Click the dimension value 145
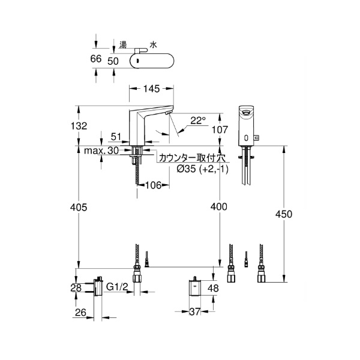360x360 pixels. pyautogui.click(x=151, y=89)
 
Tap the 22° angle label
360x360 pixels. pyautogui.click(x=197, y=120)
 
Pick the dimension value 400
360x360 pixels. pyautogui.click(x=219, y=207)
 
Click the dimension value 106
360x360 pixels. pyautogui.click(x=153, y=185)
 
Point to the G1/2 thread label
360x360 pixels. pyautogui.click(x=117, y=289)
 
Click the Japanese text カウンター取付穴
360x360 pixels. pyautogui.click(x=191, y=158)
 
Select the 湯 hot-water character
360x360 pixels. pyautogui.click(x=122, y=44)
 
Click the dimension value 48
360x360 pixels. pyautogui.click(x=214, y=289)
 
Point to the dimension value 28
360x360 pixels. pyautogui.click(x=76, y=289)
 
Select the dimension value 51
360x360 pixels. pyautogui.click(x=116, y=137)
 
